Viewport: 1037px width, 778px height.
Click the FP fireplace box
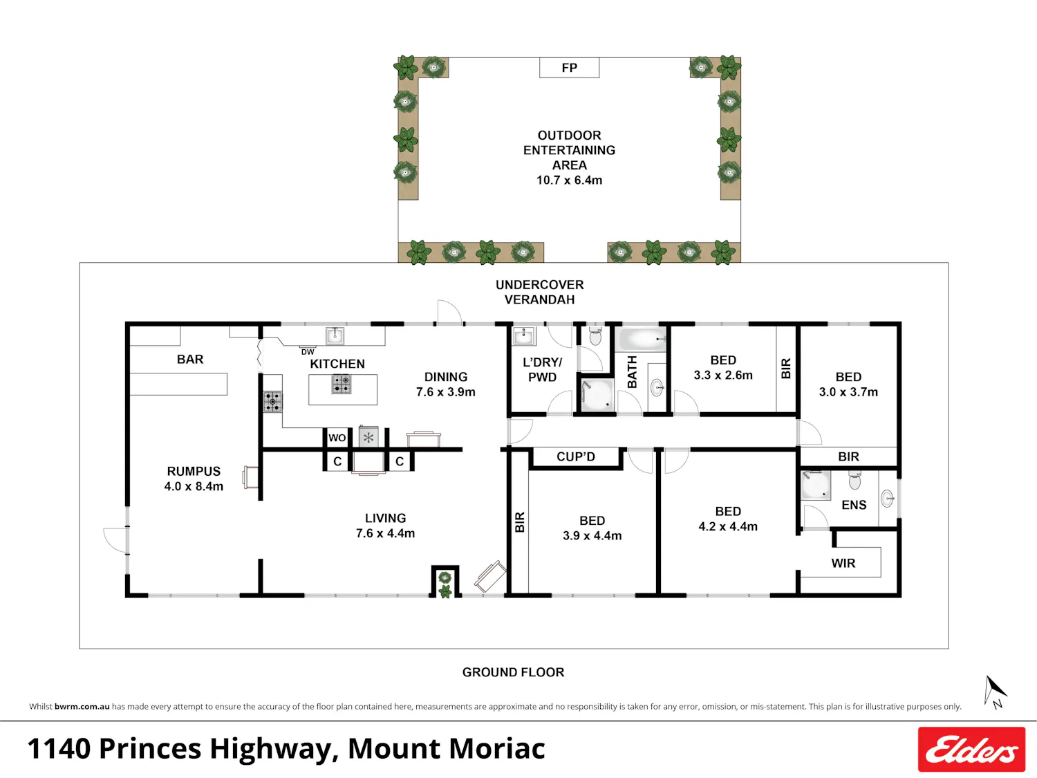pos(569,68)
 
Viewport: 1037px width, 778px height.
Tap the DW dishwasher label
pos(308,352)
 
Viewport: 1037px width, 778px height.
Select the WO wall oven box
pos(337,438)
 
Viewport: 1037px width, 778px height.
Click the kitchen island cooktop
pos(341,384)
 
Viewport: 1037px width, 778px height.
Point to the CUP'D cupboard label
pos(575,457)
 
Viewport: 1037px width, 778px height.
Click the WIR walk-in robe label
pos(843,563)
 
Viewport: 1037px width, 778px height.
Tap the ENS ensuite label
pos(854,505)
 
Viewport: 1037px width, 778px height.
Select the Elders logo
pos(971,749)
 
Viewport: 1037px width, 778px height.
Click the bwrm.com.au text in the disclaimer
pos(82,707)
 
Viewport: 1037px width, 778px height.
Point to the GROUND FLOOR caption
pos(513,672)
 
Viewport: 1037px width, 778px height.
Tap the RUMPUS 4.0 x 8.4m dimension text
pos(194,486)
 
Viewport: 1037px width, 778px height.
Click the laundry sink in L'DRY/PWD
pos(524,336)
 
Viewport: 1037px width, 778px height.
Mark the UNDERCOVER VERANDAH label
pos(539,292)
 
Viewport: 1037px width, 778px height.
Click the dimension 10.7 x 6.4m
pos(569,180)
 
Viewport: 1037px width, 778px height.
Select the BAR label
pos(190,360)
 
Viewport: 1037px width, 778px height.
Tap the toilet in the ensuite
pos(854,480)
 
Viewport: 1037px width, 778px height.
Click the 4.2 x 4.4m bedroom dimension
pos(728,526)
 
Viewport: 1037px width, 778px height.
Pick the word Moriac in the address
pos(497,748)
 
